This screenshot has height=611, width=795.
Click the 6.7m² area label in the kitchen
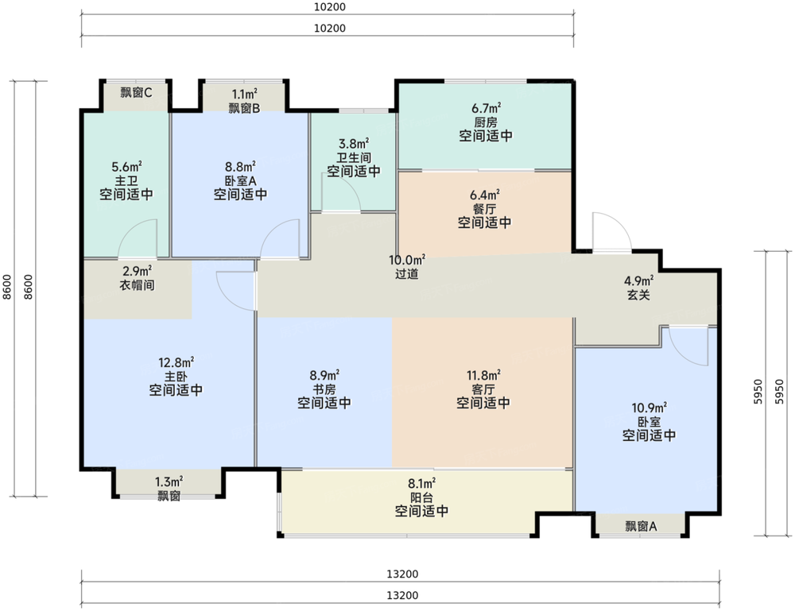tap(485, 108)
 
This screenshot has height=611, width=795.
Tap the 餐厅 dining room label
tap(485, 208)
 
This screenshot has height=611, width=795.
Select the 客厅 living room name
tap(483, 389)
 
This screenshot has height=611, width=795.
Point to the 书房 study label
tap(325, 389)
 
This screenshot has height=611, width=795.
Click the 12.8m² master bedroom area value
tap(176, 362)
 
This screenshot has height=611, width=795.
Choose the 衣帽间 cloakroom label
tap(138, 284)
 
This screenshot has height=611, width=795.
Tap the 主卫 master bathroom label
tap(126, 180)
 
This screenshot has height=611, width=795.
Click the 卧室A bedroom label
tap(240, 180)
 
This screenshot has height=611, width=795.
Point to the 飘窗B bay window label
tap(244, 108)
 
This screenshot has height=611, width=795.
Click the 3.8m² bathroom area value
tap(353, 144)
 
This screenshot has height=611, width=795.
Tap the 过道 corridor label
tap(406, 274)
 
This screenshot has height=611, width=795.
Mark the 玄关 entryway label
tap(638, 294)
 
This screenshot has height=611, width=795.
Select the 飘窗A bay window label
tap(641, 525)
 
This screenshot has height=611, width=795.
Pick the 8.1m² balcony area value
tap(421, 483)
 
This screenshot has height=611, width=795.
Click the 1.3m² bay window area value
tap(169, 481)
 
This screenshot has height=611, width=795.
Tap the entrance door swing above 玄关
tap(610, 234)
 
